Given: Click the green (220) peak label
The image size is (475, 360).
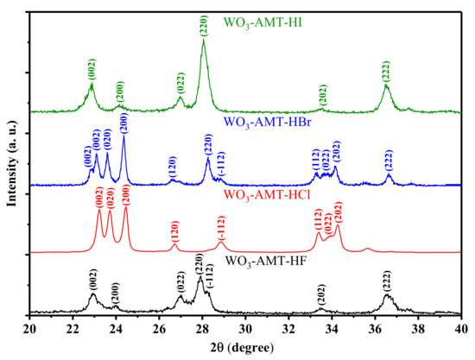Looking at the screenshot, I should [x=203, y=24].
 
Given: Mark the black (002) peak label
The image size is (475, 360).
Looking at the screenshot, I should [x=92, y=281].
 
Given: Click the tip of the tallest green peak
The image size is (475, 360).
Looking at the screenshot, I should [x=203, y=41].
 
